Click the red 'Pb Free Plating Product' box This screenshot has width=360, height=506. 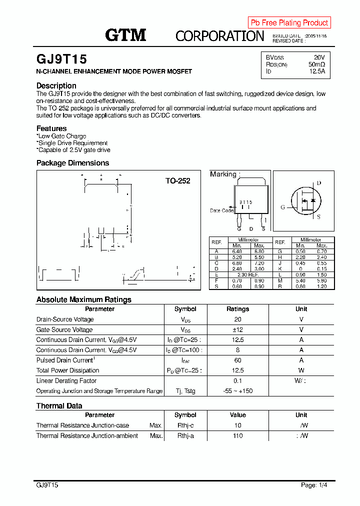(x=289, y=22)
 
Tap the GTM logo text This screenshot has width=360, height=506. (x=125, y=35)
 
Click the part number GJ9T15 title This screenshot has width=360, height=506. (x=61, y=59)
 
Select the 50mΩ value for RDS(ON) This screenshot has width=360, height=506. (x=316, y=64)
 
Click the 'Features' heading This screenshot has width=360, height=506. (x=51, y=128)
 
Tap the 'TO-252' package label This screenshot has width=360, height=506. (x=177, y=181)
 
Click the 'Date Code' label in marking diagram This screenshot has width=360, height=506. (x=221, y=210)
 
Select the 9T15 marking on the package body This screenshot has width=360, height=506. (x=245, y=202)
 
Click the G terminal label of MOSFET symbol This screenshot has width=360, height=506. (x=282, y=207)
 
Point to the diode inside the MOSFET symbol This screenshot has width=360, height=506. (x=313, y=200)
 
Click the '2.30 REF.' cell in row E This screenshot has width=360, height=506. (x=248, y=275)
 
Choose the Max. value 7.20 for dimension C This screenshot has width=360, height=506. (x=259, y=262)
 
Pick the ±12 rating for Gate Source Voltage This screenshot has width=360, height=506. (x=237, y=330)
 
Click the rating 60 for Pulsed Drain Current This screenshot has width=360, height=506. (x=237, y=360)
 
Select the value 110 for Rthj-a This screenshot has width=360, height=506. (x=237, y=436)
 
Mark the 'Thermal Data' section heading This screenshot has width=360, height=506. (x=59, y=406)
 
